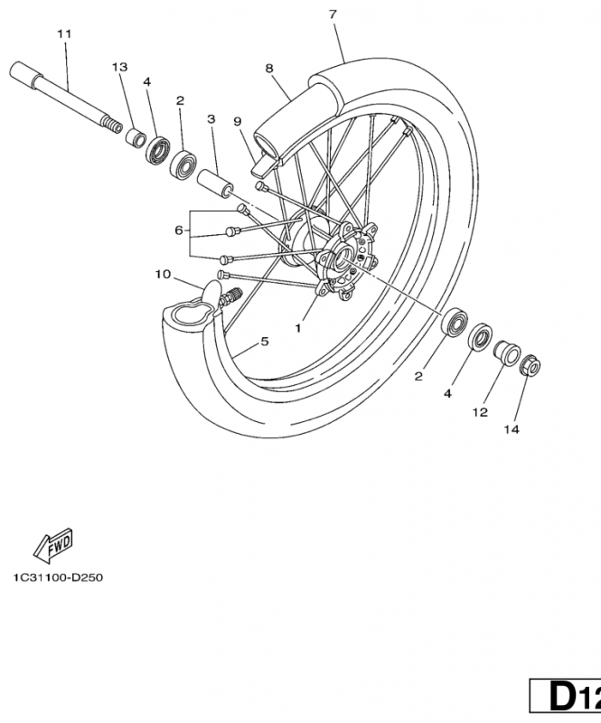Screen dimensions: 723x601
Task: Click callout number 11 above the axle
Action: point(63,34)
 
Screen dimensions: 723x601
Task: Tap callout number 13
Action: point(119,68)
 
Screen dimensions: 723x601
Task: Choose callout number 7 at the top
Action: point(333,14)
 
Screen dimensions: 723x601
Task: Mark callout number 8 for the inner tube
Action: point(269,68)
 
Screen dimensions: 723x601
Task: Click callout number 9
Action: point(237,121)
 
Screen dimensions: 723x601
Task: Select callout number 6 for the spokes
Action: point(179,230)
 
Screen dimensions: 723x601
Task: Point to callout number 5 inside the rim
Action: point(265,342)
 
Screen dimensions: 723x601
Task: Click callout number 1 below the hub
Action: point(297,329)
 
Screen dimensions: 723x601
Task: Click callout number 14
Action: point(512,429)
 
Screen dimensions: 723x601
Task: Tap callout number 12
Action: point(479,412)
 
